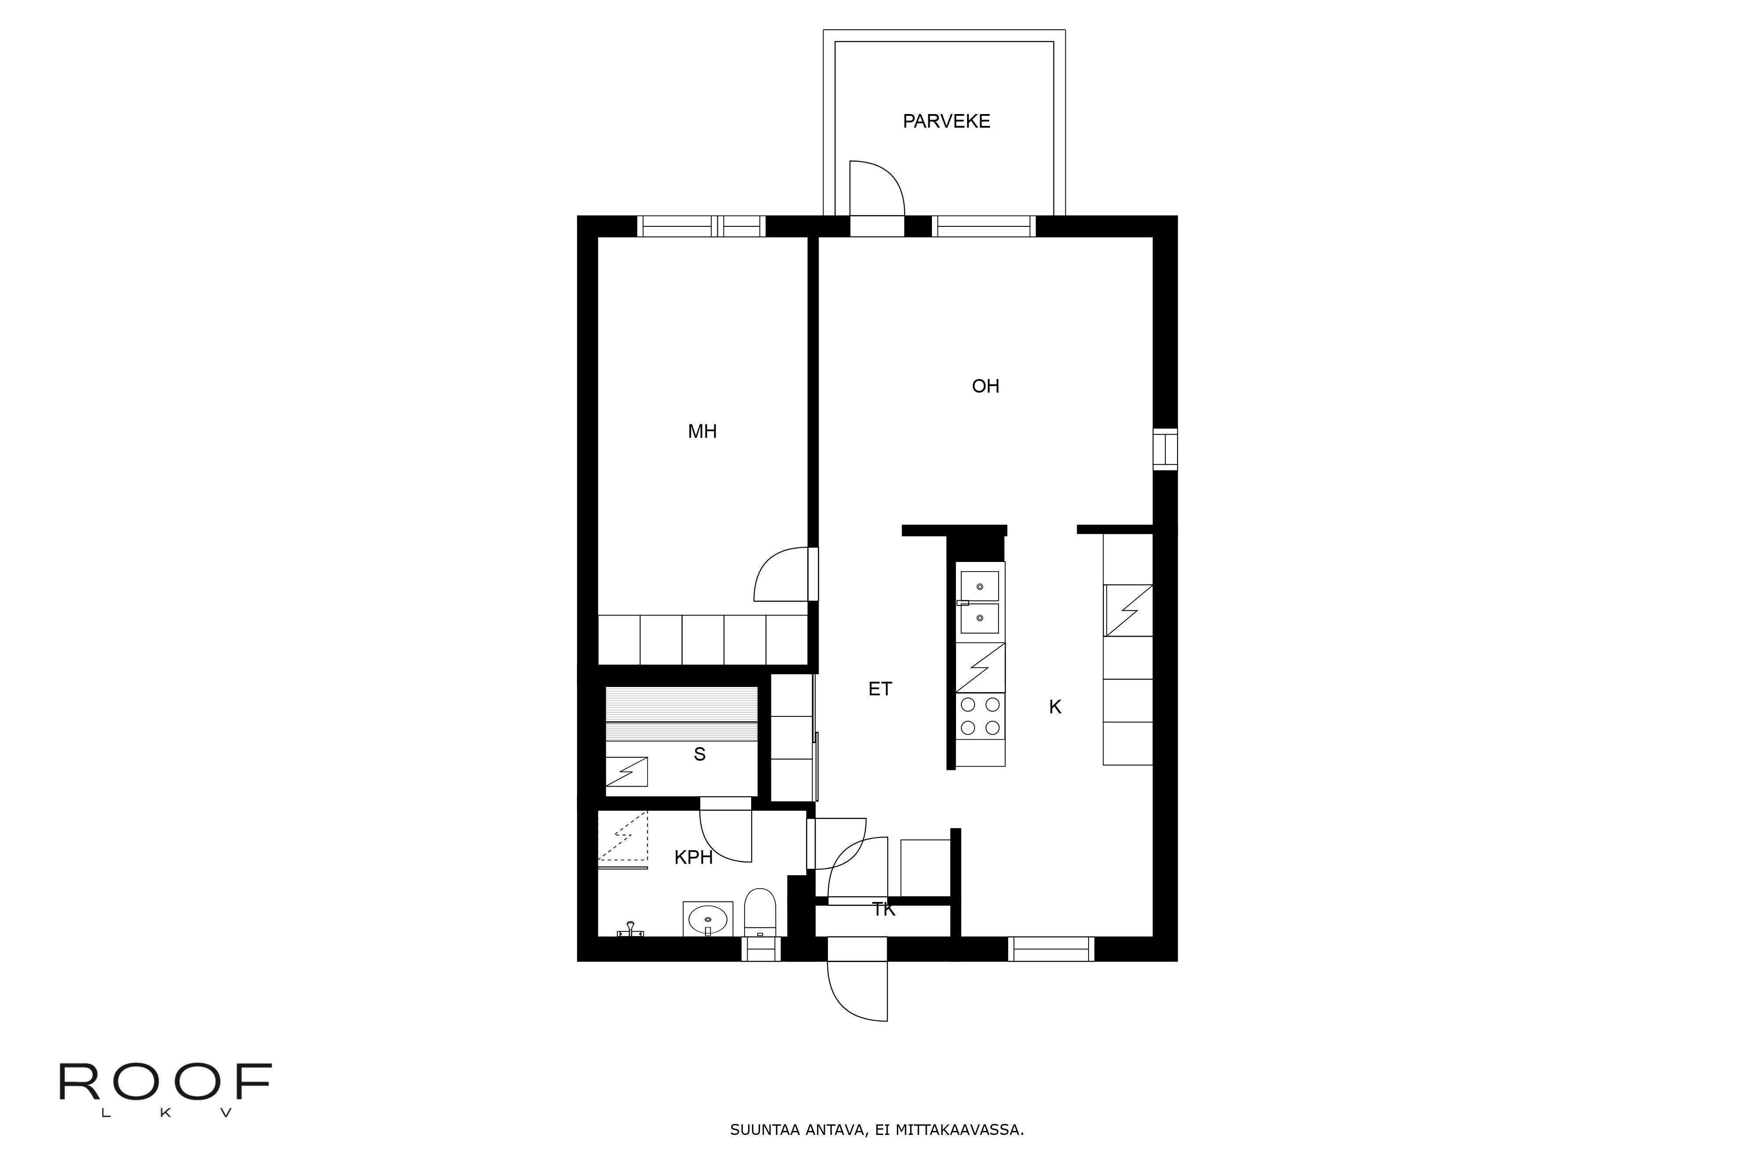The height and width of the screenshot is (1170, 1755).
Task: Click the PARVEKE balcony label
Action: click(946, 121)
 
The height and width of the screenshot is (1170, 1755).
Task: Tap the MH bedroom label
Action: click(702, 431)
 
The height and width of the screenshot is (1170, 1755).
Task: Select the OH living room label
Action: click(985, 386)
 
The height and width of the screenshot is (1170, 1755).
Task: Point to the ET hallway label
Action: click(880, 689)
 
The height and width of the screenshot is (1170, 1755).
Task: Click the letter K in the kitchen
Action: click(1054, 707)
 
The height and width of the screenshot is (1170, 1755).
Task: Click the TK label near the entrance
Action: click(884, 909)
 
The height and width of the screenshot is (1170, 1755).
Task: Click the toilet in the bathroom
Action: click(760, 912)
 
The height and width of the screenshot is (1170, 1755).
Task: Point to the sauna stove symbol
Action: click(626, 772)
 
